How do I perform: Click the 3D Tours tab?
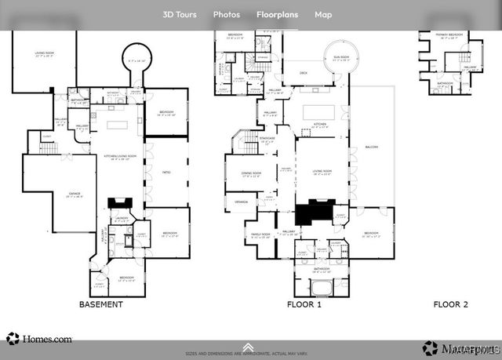point(180,14)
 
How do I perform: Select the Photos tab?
point(227,14)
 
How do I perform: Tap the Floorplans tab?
point(278,14)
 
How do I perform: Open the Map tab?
point(323,14)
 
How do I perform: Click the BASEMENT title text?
point(101,304)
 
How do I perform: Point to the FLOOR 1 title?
point(304,304)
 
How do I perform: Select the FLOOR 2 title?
point(451,304)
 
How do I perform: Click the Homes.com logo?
point(39,340)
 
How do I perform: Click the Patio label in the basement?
point(166,171)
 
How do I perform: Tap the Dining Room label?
point(250,173)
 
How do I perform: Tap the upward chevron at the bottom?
point(248,347)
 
